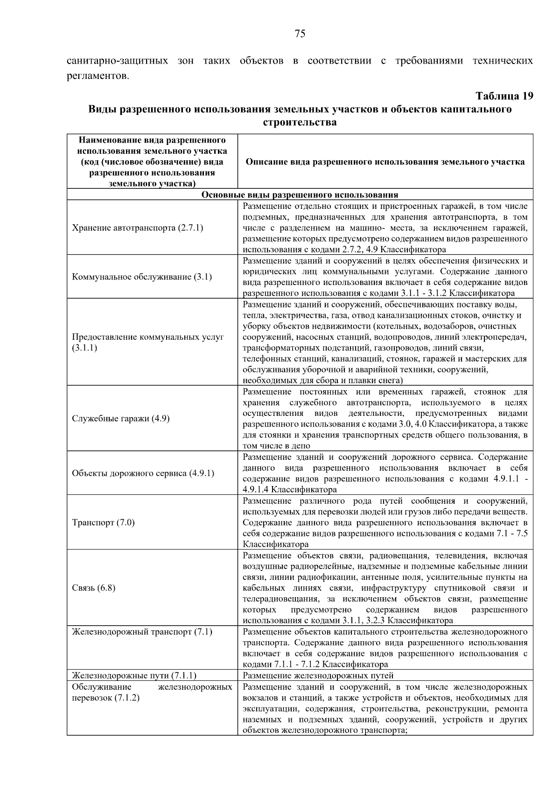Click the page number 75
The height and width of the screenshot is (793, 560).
click(300, 34)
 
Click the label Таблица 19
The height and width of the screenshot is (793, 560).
click(504, 96)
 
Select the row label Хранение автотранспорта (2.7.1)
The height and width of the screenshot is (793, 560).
click(138, 228)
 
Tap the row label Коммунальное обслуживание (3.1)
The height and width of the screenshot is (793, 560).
click(142, 277)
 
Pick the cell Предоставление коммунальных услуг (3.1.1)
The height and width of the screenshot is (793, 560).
click(148, 342)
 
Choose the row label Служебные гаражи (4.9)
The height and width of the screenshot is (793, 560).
click(121, 418)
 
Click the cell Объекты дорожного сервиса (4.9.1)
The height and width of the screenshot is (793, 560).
click(143, 473)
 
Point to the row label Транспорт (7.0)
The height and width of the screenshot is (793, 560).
click(103, 522)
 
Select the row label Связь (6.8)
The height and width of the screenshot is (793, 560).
click(93, 588)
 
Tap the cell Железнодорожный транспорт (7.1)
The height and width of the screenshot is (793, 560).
click(142, 632)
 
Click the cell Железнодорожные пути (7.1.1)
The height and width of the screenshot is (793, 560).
click(134, 675)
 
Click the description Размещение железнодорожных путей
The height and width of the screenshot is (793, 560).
click(318, 675)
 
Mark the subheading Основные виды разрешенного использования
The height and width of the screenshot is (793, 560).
click(300, 195)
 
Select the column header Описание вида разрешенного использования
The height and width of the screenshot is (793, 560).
click(385, 162)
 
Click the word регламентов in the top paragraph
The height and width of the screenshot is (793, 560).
click(97, 76)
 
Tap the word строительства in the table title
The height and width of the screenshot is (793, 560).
click(300, 123)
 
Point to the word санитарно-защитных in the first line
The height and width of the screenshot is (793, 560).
click(118, 61)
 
